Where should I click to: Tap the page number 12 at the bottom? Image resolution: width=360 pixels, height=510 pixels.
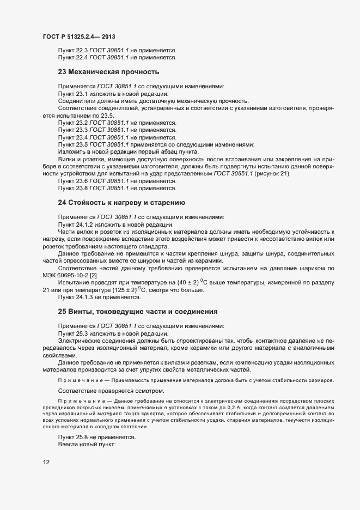pos(46,463)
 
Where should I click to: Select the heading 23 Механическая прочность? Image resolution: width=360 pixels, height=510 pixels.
pos(108,71)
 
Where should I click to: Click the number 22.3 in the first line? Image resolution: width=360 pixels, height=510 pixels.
pos(81,50)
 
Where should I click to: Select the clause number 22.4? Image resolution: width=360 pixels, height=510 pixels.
pos(81,57)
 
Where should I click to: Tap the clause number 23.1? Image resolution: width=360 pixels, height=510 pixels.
pos(81,94)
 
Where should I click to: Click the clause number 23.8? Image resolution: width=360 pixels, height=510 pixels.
pos(81,189)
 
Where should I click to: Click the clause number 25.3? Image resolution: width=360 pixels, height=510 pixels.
pos(81,333)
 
